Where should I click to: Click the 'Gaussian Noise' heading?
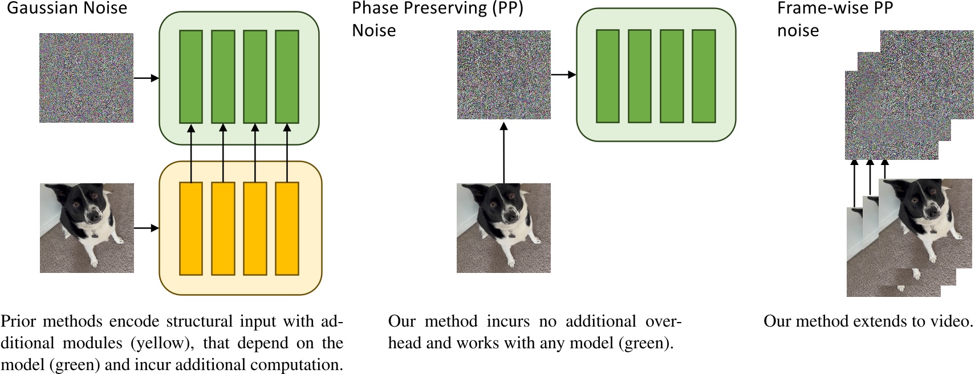(67, 8)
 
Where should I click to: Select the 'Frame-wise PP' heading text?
(835, 8)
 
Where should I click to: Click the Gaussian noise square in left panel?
(86, 78)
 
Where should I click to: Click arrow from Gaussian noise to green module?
(146, 78)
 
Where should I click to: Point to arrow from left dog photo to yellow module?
(146, 228)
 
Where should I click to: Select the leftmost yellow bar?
(190, 228)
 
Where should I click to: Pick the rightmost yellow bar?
(287, 228)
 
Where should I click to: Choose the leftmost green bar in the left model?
(190, 77)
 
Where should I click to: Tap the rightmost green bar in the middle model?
(704, 76)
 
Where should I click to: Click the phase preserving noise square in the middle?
(503, 75)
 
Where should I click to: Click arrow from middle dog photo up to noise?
(504, 152)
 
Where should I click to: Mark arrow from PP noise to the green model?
(564, 75)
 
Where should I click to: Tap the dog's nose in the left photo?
(94, 214)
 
